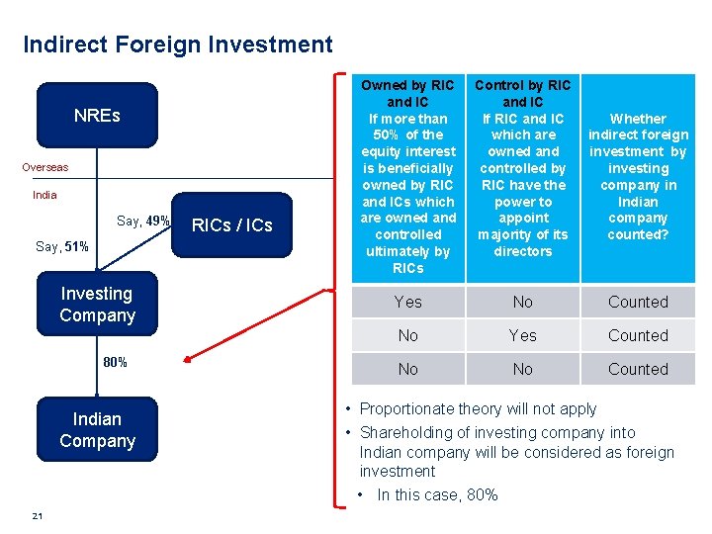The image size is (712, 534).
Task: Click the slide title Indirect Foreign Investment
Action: pos(178,44)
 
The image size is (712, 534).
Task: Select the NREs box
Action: pos(97,116)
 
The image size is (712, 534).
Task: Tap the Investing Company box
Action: pos(97,305)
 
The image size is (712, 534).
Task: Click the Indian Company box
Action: pos(97,430)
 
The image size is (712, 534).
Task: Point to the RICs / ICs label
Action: pos(231,225)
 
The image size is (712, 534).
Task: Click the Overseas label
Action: pos(45,167)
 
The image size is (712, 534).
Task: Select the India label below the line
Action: pos(44,195)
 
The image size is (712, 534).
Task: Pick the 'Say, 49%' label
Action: pos(143,221)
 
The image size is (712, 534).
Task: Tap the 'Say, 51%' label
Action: pos(61,246)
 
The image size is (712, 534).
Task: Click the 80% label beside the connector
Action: pos(116,362)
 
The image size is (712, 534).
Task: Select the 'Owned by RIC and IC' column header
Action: pos(407,176)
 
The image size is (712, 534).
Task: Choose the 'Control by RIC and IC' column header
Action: pos(523,168)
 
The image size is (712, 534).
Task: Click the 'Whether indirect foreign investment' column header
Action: pos(638,176)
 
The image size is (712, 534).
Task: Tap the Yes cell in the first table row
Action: pos(407,302)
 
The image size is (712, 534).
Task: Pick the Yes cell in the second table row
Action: pos(523,335)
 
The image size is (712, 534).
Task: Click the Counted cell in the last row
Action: pos(638,369)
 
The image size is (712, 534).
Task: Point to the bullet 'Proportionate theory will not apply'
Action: pos(478,408)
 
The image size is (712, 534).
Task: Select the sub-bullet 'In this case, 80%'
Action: pos(437,494)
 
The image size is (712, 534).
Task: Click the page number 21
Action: pos(37,516)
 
